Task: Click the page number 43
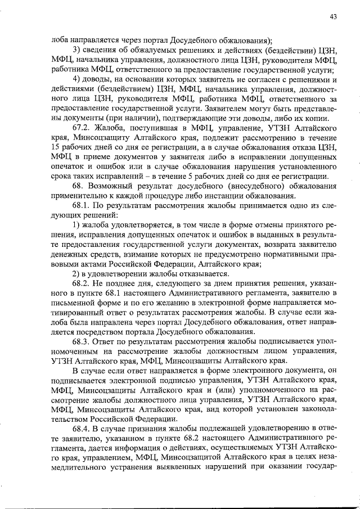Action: coord(333,17)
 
